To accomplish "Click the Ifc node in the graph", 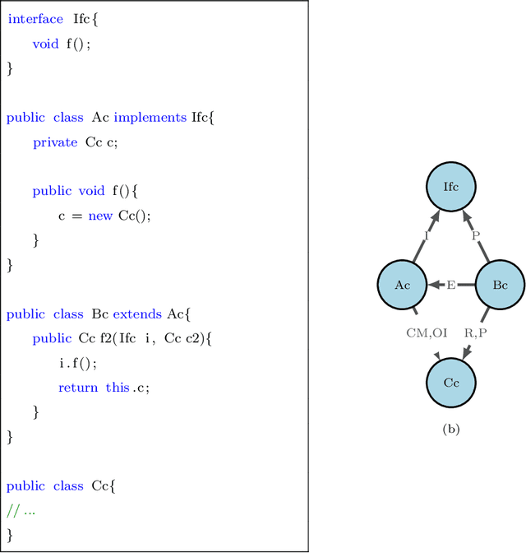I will [451, 187].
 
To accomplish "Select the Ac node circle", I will [402, 285].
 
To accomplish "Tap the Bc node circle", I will [500, 285].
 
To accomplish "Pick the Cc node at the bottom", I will [451, 383].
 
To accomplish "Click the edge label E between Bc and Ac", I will [451, 286].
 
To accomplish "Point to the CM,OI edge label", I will [427, 334].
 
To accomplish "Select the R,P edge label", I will [476, 334].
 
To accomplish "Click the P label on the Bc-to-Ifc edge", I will [476, 235].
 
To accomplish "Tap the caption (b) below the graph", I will [451, 429].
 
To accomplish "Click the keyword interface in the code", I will [35, 20].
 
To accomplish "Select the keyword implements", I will [150, 118].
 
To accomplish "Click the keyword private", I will [55, 142].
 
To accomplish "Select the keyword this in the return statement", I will [118, 388].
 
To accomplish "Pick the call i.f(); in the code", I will [78, 363].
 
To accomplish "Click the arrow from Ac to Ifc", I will [425, 238].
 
